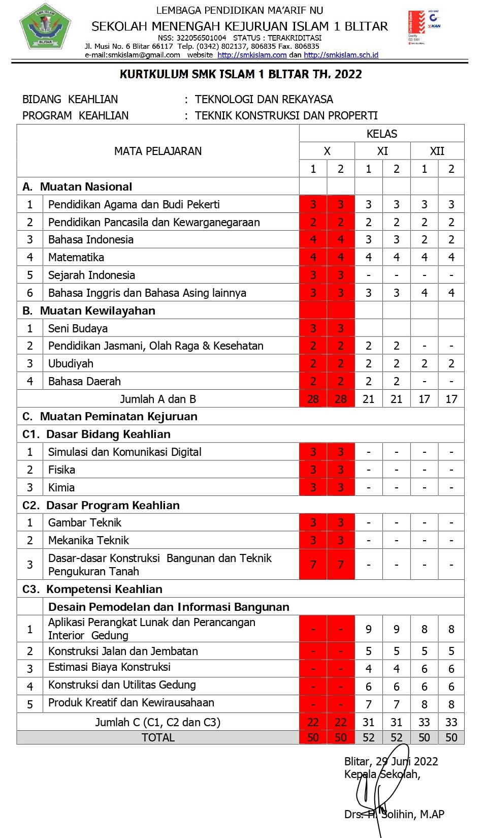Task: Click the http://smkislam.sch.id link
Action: pos(341,55)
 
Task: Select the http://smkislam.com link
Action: pos(252,55)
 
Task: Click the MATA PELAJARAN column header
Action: pos(157,151)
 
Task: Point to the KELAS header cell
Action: pos(381,134)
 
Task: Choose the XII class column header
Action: pos(437,151)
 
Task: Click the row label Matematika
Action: pos(76,257)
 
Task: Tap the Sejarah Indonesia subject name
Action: pos(91,275)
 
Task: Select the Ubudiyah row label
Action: pos(71,363)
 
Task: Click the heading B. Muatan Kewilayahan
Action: pos(89,311)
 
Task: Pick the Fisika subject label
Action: pos(61,470)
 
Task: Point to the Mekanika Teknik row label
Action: pos(88,540)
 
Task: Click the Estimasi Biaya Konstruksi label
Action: pos(109,667)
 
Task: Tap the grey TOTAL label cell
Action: pos(158,737)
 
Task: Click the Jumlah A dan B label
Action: pos(158,399)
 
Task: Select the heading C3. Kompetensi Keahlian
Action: pos(92,589)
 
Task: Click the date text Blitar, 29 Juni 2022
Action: pos(391,761)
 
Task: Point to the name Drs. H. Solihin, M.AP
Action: pos(394,814)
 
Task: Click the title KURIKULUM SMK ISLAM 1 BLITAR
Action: pos(241,74)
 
